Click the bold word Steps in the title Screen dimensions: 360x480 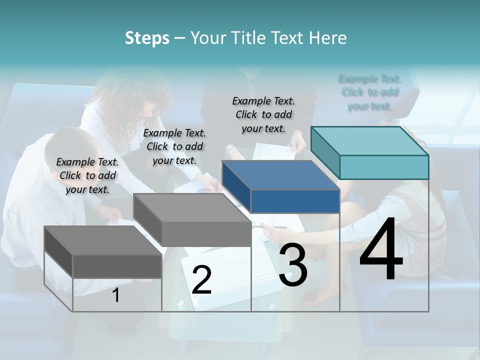point(147,38)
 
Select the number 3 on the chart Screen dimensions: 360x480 point(293,265)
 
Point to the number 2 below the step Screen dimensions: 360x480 point(201,280)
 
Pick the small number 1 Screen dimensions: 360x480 point(116,295)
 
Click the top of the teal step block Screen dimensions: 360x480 point(370,140)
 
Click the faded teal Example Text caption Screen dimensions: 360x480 point(370,92)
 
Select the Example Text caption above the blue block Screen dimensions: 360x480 point(263,114)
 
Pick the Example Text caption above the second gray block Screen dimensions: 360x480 point(174,146)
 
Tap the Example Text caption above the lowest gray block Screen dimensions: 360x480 point(87,175)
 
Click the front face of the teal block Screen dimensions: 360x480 point(384,167)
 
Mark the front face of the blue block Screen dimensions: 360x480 point(295,201)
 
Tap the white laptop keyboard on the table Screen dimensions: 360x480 point(225,272)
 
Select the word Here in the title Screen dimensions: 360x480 point(328,38)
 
